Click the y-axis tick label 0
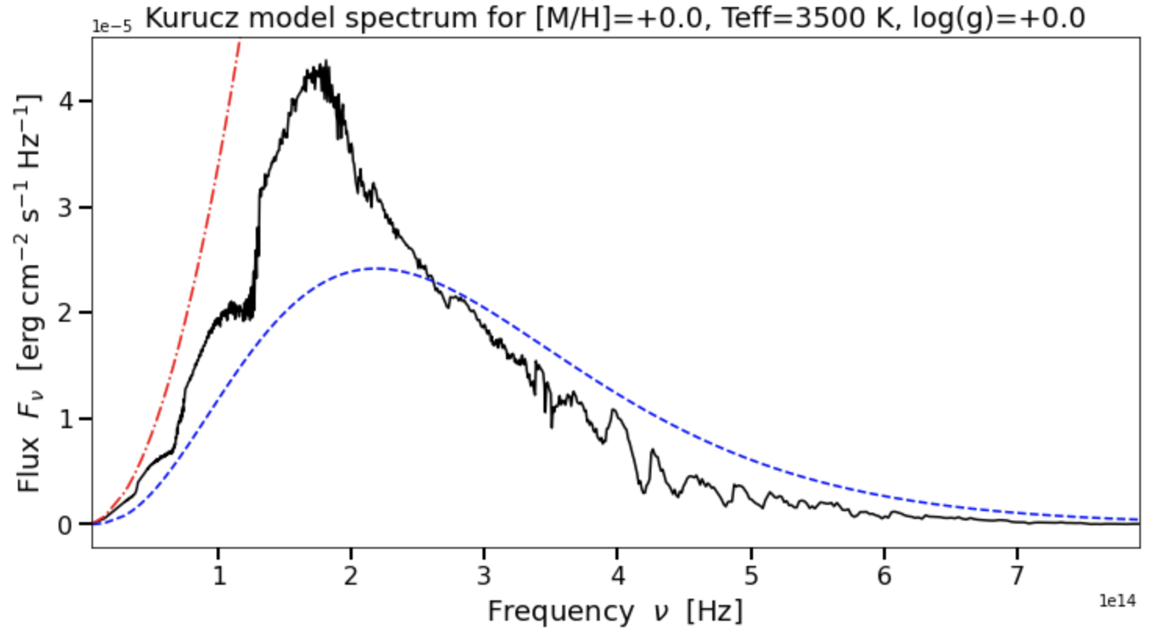pos(65,524)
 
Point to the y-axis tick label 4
pos(65,101)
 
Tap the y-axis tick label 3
pos(65,207)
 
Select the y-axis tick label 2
pos(65,313)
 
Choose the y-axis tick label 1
pos(65,419)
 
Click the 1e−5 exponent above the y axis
pos(112,26)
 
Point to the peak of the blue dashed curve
pos(377,268)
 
